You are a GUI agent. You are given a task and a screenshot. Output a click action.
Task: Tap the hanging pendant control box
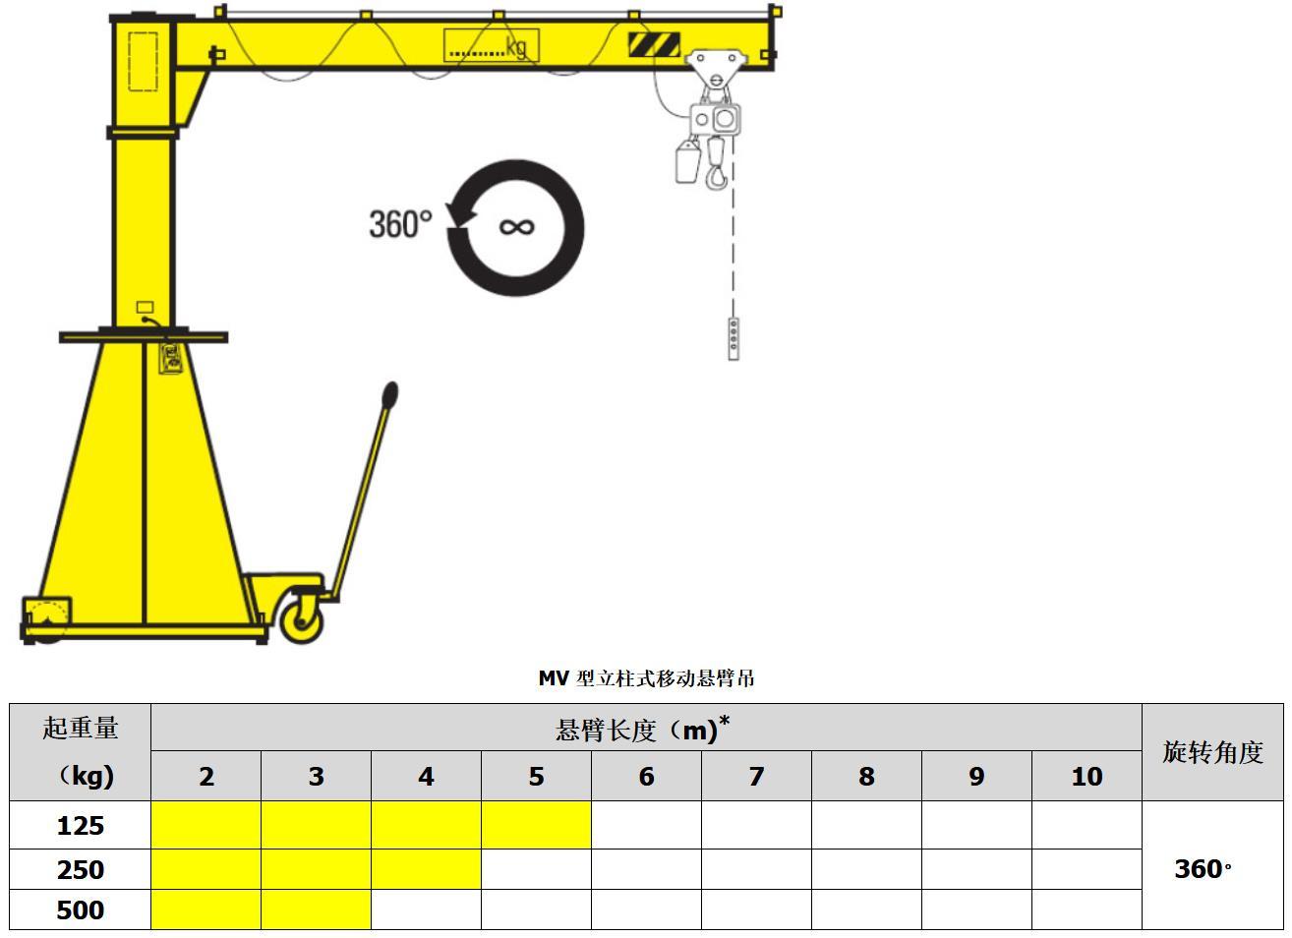pos(734,339)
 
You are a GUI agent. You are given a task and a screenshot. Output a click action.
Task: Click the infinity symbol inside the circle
pos(516,227)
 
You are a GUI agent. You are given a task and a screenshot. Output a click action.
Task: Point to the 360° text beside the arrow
pos(400,224)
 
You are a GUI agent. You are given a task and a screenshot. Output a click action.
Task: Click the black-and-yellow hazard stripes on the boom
pos(654,44)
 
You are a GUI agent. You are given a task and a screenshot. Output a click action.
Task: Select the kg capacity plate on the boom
pos(492,45)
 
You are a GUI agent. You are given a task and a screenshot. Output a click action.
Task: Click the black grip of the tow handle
pos(390,395)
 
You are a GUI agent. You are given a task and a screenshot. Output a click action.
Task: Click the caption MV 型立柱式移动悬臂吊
pos(646,678)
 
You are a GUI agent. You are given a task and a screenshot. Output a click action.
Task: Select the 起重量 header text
pos(81,728)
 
